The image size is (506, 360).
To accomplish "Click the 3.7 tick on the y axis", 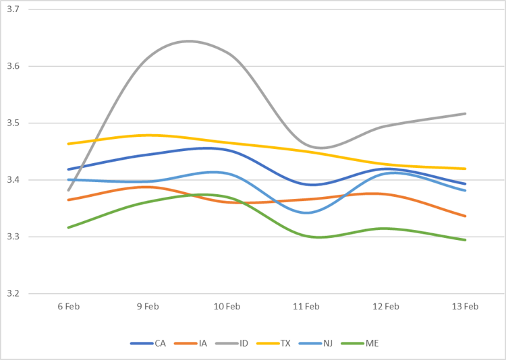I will point(13,9).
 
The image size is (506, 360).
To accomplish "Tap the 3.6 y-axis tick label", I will point(13,66).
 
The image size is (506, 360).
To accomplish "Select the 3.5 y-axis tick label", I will point(13,123).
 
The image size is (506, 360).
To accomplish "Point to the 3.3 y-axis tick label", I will point(13,237).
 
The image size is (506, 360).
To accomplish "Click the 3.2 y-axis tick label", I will point(13,293).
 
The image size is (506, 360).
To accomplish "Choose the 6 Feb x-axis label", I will point(69,306).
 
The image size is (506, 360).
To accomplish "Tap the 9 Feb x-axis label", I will point(148,306).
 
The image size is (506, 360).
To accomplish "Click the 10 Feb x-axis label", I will point(227,306).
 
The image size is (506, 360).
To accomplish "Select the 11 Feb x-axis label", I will point(306,306).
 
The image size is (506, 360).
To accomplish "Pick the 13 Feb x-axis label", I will point(465,306).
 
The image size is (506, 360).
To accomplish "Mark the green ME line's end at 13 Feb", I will point(465,240).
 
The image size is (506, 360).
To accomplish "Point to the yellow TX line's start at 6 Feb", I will point(69,144).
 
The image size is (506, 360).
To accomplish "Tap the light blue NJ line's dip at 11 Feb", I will point(307,212).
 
